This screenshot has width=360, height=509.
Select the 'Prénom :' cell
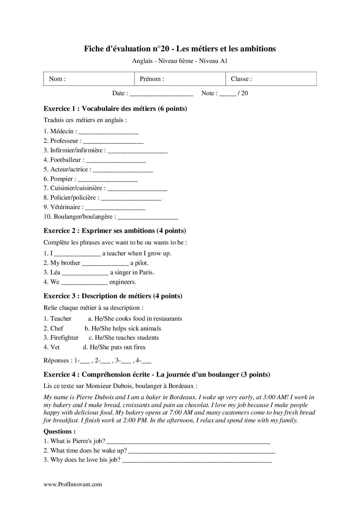click(x=180, y=79)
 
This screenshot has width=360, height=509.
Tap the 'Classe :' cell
click(x=271, y=79)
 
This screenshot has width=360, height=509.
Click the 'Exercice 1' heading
click(x=115, y=109)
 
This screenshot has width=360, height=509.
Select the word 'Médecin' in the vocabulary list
click(x=62, y=131)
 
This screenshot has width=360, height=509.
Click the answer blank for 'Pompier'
click(x=108, y=179)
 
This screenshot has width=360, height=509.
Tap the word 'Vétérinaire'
click(x=65, y=207)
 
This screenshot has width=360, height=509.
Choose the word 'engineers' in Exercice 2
click(x=122, y=282)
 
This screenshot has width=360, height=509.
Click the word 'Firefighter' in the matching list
click(x=64, y=338)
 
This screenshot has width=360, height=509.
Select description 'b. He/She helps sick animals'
click(x=123, y=328)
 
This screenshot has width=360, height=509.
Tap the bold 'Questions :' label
click(x=60, y=431)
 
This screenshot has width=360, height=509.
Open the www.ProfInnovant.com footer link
click(x=73, y=484)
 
